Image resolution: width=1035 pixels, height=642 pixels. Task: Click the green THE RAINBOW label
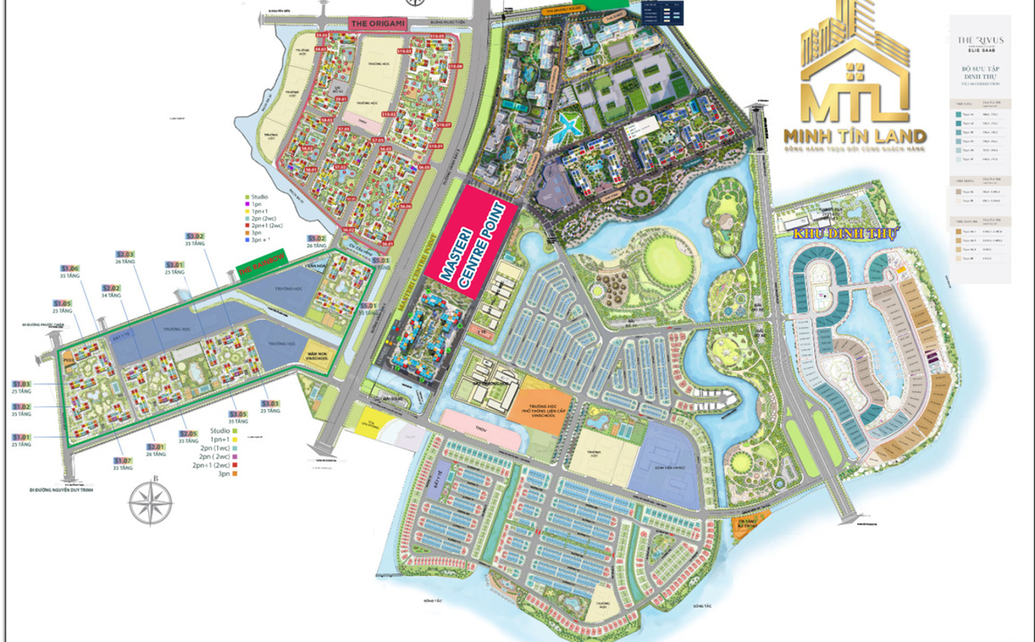point(262,264)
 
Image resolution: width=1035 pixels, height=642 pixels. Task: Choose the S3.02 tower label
point(195,236)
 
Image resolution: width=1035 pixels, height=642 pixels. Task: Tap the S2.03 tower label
point(125,254)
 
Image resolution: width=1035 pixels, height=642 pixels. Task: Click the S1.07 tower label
point(123,461)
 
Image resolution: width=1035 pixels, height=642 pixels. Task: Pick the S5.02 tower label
point(316,238)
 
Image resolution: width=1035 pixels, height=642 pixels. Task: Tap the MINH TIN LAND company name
point(854,137)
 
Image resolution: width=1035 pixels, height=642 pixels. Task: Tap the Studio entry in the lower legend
point(222,430)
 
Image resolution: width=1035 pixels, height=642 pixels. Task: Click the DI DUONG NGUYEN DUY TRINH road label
point(62,489)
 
